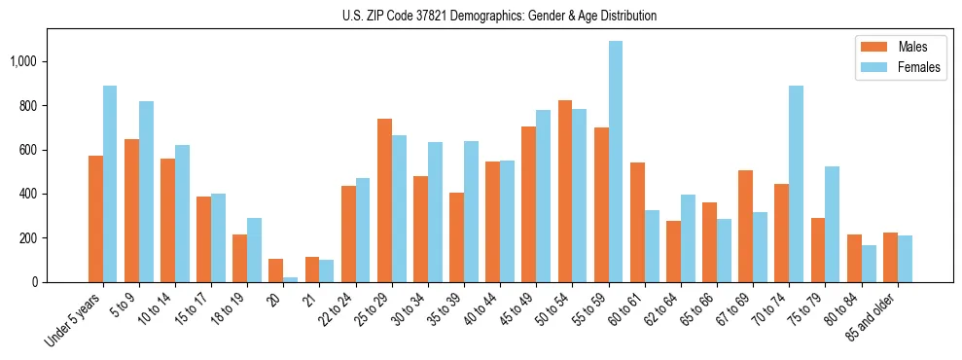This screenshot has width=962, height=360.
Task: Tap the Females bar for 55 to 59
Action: click(616, 162)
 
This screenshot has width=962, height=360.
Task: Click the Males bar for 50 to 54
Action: click(565, 192)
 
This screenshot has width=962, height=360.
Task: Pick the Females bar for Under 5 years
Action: click(110, 184)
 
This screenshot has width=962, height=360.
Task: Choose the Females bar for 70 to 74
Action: click(796, 184)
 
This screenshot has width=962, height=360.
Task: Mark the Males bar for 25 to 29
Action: click(384, 200)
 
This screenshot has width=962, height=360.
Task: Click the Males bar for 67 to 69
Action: click(745, 227)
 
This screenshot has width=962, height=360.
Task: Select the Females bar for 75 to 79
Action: click(832, 225)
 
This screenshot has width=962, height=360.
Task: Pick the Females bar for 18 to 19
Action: click(254, 250)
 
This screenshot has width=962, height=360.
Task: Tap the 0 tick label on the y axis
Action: click(35, 282)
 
